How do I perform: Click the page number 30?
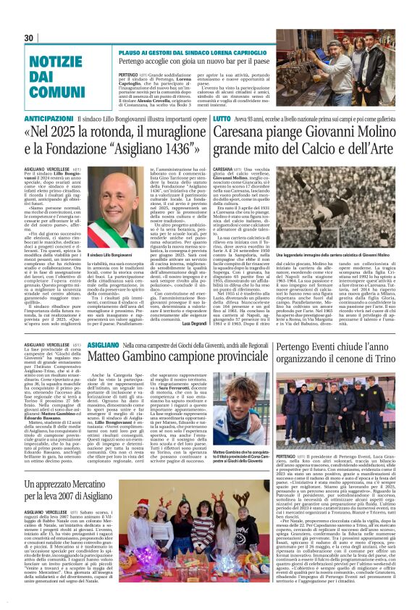tap(29, 38)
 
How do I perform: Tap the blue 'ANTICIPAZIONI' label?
tap(47, 118)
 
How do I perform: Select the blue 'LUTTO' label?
tap(222, 118)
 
